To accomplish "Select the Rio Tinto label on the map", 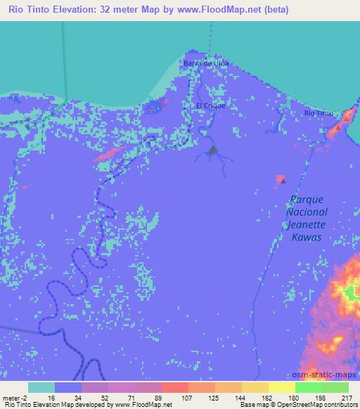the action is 319,113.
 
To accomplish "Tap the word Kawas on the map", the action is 307,238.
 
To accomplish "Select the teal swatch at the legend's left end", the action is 41,387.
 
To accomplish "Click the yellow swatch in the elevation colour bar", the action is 281,387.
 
